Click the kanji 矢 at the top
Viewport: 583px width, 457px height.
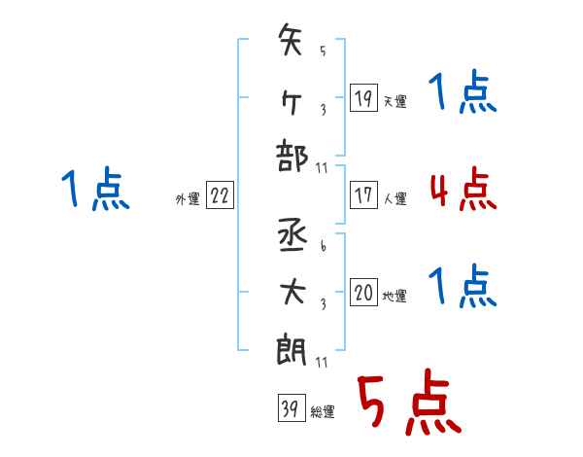click(290, 40)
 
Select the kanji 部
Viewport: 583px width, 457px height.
click(291, 156)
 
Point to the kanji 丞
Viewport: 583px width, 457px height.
click(292, 235)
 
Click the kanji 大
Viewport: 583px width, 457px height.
click(292, 293)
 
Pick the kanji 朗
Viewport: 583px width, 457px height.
click(291, 349)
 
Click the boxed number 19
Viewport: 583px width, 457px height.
click(363, 97)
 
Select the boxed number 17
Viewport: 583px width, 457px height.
click(363, 195)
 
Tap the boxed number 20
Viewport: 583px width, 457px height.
click(363, 292)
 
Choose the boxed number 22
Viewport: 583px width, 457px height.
click(220, 195)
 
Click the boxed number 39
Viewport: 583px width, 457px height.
click(291, 407)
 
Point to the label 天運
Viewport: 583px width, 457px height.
click(394, 101)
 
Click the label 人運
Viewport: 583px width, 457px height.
click(394, 198)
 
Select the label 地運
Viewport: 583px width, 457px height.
click(394, 296)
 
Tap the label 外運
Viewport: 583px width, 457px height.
click(188, 198)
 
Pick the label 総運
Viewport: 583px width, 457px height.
click(323, 411)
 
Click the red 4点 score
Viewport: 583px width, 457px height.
click(463, 189)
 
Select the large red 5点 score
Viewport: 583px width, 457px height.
click(410, 402)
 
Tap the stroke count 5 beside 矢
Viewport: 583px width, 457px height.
click(323, 51)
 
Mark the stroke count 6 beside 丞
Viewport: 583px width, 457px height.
click(324, 246)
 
